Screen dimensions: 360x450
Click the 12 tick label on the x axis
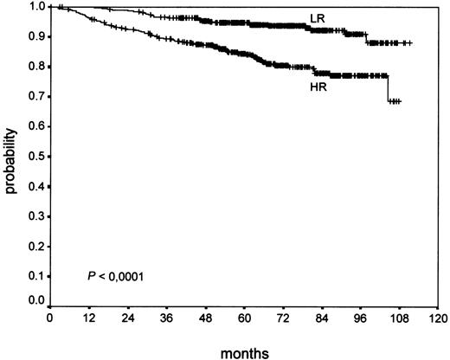[89, 318]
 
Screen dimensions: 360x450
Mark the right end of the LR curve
[411, 43]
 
